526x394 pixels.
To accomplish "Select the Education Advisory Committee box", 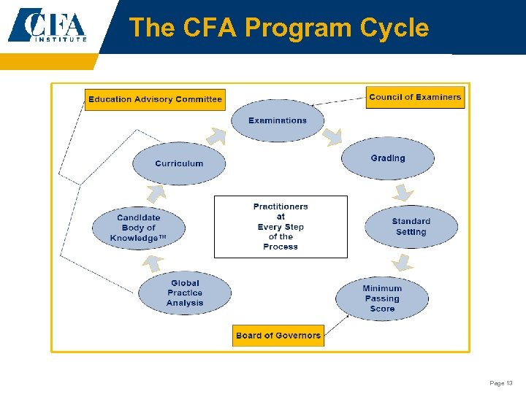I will (155, 99).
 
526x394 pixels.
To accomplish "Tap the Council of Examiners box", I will (415, 97).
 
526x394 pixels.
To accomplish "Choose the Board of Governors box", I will (278, 336).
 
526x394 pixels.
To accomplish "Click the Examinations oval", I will (278, 120).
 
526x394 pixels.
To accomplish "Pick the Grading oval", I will (388, 158).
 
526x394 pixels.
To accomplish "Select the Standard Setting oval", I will (411, 226).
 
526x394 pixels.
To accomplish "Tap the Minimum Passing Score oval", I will (382, 298).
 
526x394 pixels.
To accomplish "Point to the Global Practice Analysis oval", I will (185, 293).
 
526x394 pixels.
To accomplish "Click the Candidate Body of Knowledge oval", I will (138, 228).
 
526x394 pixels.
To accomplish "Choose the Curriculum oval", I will (179, 163).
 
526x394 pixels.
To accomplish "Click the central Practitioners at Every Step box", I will (281, 227).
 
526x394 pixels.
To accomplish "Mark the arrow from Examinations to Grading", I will (332, 135).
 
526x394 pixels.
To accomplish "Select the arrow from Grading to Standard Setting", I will (402, 192).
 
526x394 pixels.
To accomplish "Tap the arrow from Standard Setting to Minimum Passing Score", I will (403, 262).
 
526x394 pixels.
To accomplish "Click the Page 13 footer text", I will (501, 383).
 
